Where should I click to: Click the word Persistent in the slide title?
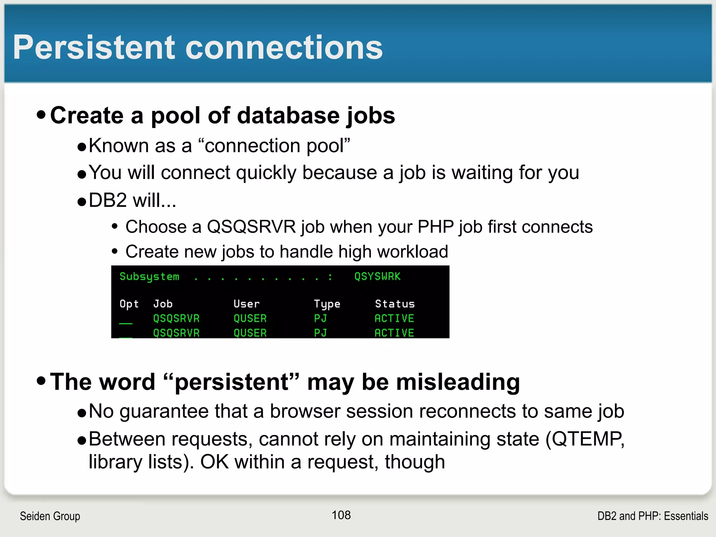point(94,48)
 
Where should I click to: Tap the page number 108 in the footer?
point(341,515)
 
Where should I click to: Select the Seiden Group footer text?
point(50,516)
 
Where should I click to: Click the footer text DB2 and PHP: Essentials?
point(652,516)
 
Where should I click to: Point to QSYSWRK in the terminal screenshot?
point(377,277)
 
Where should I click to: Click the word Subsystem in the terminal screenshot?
point(149,277)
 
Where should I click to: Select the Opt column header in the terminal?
point(129,304)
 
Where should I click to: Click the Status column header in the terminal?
point(395,304)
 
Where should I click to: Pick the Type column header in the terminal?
point(327,304)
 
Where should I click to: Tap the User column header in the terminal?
point(246,304)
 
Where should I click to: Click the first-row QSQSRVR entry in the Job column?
point(176,318)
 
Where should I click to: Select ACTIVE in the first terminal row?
point(394,318)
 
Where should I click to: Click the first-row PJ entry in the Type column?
point(320,318)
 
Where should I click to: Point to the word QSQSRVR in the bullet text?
point(251,227)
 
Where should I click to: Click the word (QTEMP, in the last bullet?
point(585,439)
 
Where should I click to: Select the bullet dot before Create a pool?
point(41,115)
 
